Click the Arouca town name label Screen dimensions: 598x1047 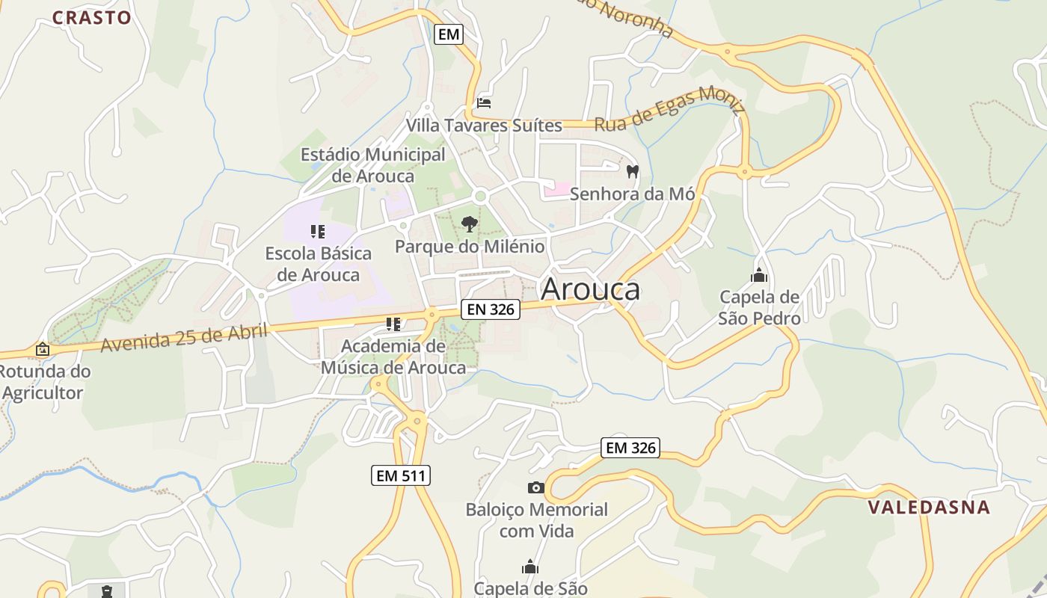click(590, 289)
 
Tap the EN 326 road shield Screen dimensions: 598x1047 click(490, 309)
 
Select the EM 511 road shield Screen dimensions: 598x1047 click(401, 475)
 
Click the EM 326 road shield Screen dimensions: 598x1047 click(630, 448)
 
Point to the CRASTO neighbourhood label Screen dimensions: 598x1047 click(91, 17)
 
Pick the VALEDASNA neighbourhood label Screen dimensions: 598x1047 click(929, 508)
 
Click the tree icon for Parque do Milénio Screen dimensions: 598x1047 click(470, 224)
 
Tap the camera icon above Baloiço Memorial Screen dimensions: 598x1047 click(536, 488)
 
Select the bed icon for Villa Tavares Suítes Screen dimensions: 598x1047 click(484, 102)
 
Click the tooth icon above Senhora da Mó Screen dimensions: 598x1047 click(632, 172)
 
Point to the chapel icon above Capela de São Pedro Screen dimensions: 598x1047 click(759, 275)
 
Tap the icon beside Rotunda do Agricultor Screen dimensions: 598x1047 click(43, 349)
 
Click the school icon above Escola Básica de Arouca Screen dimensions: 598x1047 click(318, 232)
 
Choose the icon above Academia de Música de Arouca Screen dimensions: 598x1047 click(393, 324)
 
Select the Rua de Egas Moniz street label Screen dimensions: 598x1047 click(669, 111)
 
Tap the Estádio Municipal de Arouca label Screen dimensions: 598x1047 click(372, 165)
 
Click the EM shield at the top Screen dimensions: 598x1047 click(449, 34)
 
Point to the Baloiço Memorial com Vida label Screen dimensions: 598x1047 click(536, 520)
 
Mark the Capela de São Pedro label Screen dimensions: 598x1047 click(759, 307)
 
